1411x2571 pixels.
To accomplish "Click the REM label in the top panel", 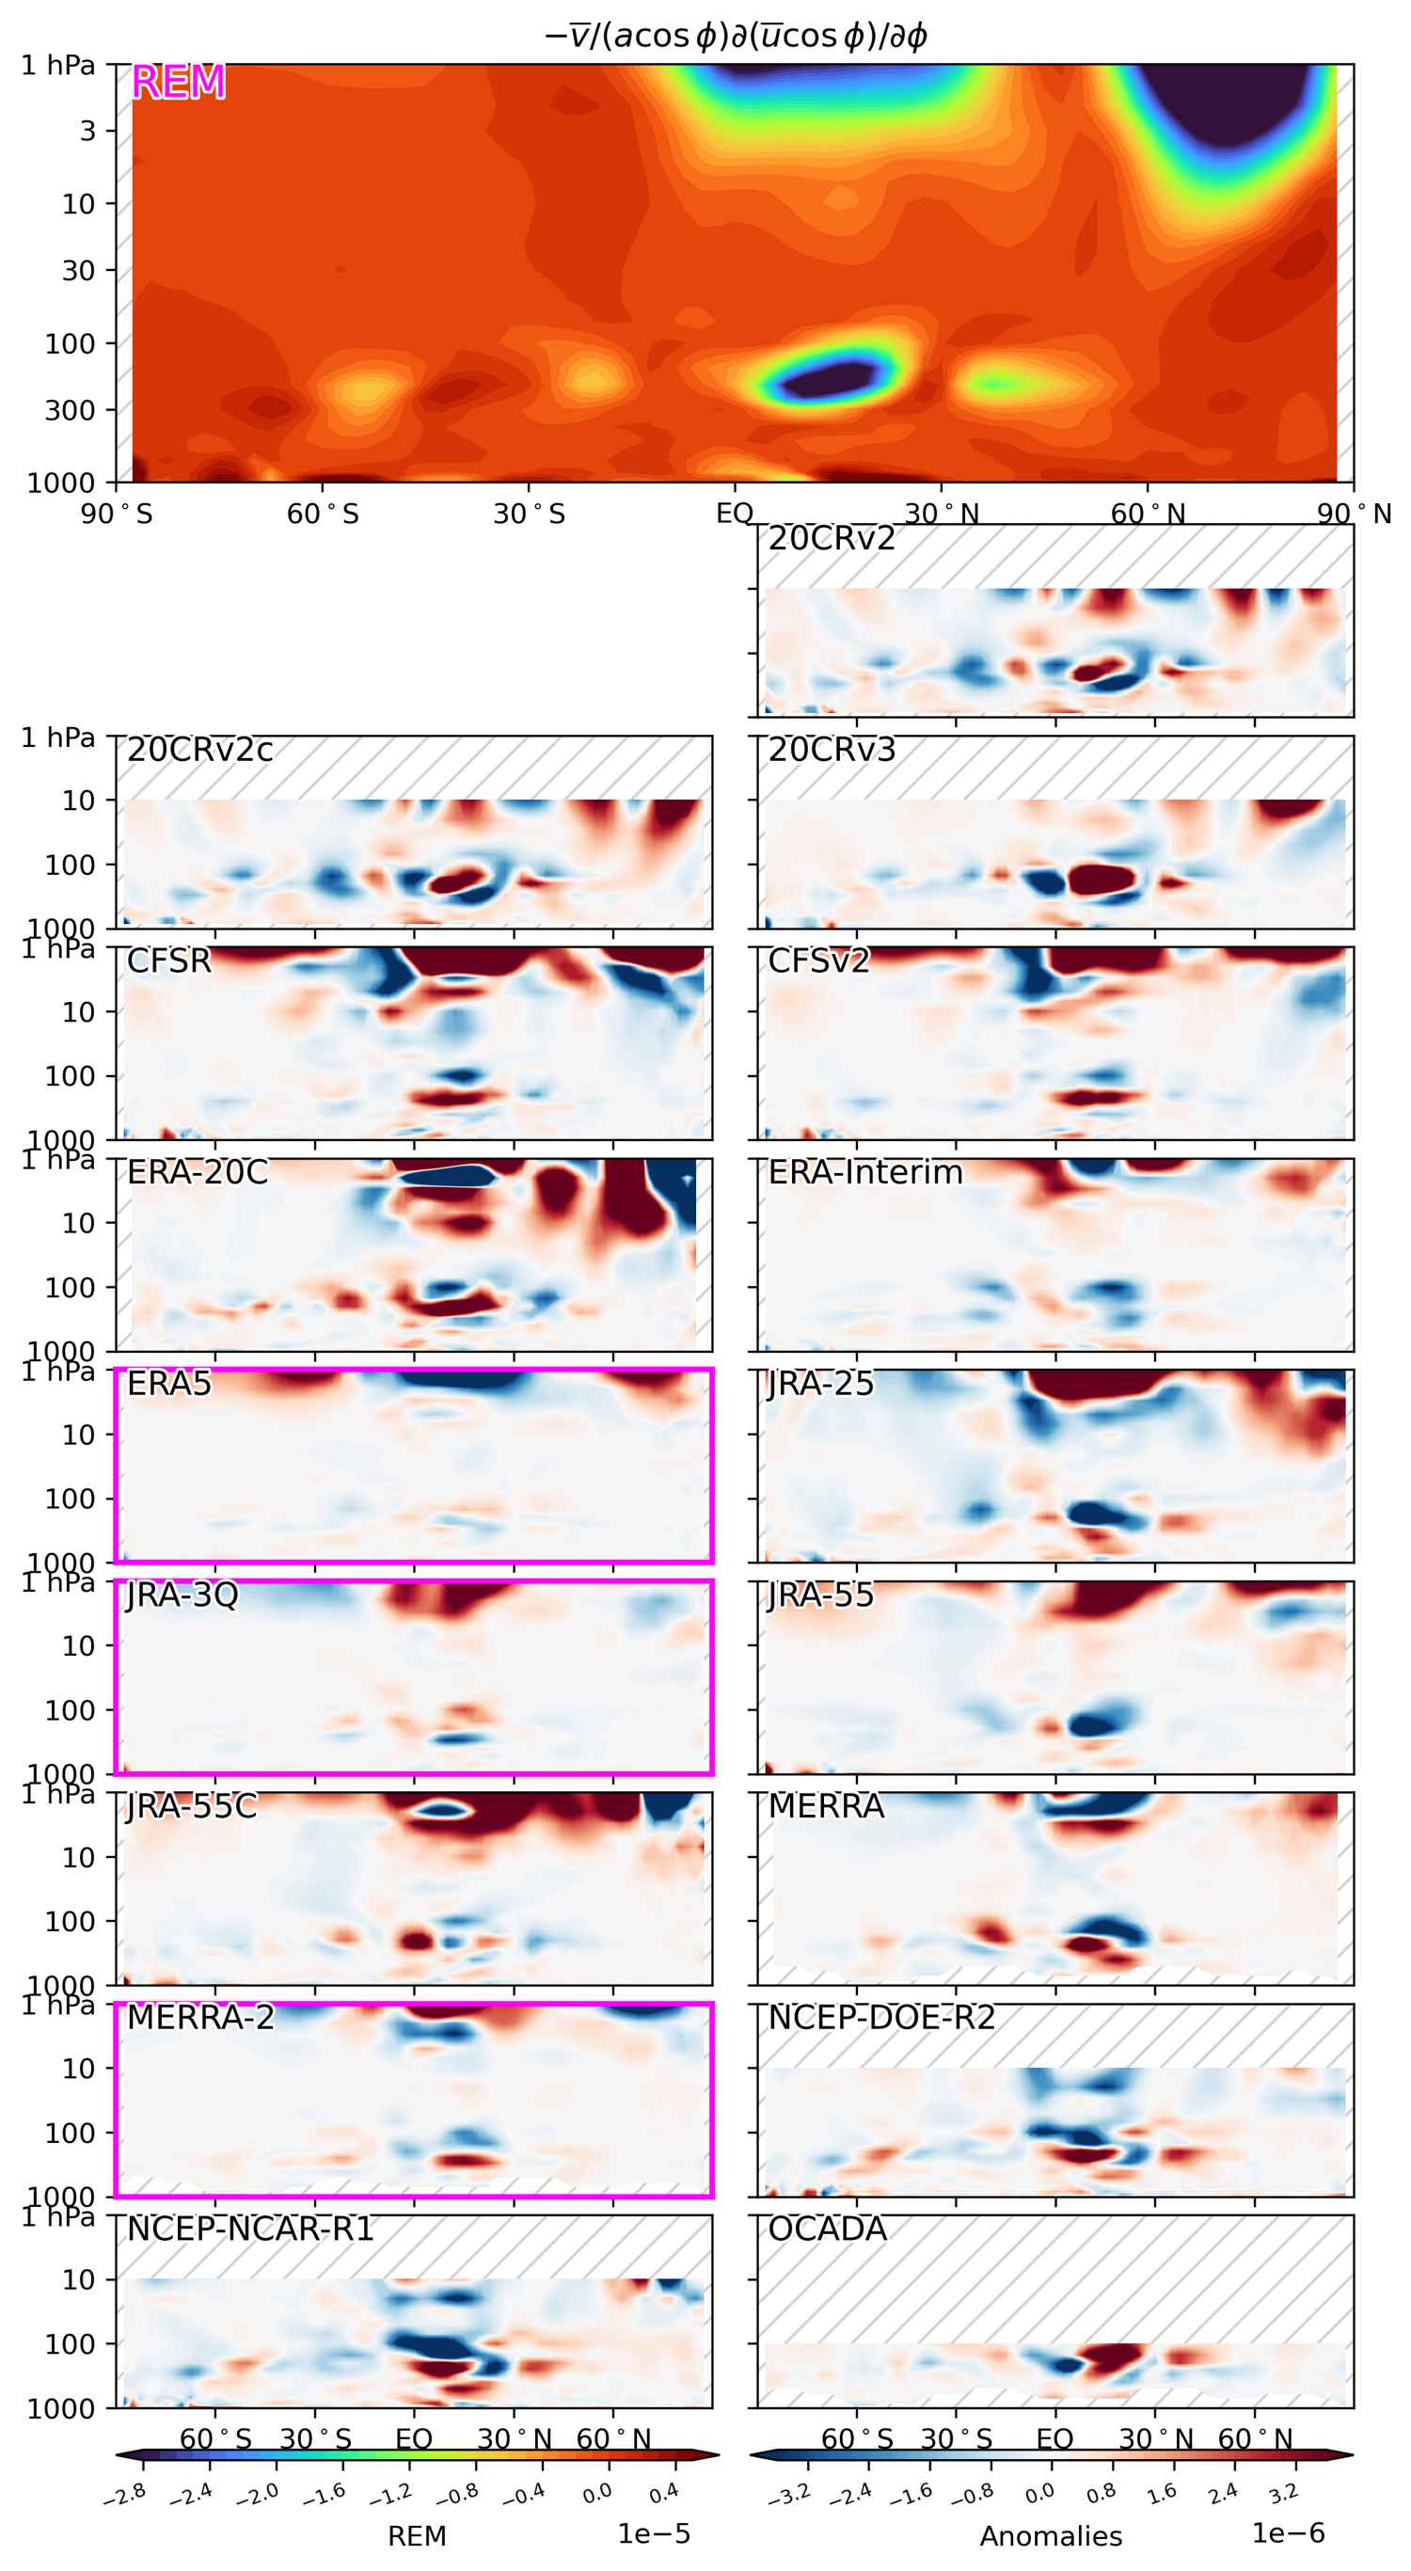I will point(179,82).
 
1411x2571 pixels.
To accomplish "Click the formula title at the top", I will point(736,36).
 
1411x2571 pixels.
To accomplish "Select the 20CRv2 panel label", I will point(832,539).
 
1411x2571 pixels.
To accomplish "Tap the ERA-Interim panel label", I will point(865,1172).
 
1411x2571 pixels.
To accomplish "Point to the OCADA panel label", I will point(827,2230).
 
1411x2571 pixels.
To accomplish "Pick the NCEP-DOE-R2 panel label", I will point(881,2018).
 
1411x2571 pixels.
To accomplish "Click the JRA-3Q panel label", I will point(182,1595).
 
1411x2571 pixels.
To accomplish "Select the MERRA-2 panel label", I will point(200,2018).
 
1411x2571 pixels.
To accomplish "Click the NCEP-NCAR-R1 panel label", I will point(250,2230).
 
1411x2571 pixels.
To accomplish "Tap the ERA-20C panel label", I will point(198,1172).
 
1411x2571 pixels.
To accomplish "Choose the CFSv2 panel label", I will point(818,961).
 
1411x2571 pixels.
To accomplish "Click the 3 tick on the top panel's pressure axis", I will point(87,131).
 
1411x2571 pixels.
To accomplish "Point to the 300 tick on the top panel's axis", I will point(69,410).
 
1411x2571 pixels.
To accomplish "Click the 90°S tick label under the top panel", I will point(117,514).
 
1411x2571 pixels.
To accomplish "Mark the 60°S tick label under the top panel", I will point(323,514).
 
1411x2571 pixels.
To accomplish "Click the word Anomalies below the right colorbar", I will point(1051,2536).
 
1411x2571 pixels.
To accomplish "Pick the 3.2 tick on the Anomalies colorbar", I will point(1283,2494).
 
